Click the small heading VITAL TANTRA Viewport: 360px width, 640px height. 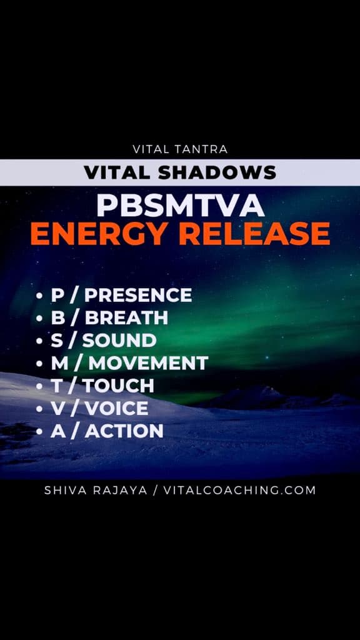point(180,149)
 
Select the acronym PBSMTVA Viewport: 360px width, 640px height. point(180,206)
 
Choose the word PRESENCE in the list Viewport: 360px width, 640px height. point(138,295)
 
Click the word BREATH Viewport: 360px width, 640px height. point(126,318)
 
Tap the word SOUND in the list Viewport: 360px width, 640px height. point(119,341)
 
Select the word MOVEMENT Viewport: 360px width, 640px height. point(148,363)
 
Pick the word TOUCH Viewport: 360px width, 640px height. point(119,386)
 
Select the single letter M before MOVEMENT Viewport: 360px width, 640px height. point(59,363)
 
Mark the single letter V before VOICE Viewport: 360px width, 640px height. point(58,409)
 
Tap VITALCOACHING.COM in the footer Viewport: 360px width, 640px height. point(239,490)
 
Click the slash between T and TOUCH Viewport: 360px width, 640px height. point(72,386)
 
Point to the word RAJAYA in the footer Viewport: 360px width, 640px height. point(120,490)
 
